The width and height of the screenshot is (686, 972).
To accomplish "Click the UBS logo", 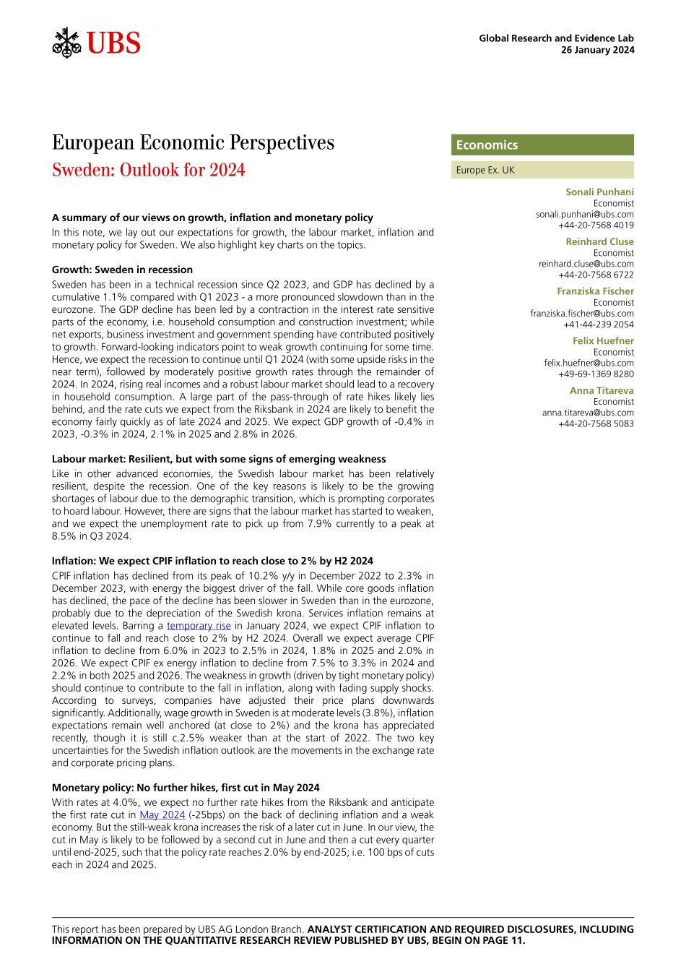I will tap(97, 43).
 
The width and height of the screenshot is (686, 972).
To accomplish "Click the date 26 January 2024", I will tap(597, 50).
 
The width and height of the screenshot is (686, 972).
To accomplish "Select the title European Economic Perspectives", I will tap(193, 142).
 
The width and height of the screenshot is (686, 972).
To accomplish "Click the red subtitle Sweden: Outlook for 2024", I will tap(149, 170).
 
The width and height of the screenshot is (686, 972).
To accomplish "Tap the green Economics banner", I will tap(542, 145).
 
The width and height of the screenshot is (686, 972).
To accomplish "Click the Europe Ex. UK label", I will tap(485, 171).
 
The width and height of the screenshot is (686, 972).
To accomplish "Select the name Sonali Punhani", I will tap(599, 192).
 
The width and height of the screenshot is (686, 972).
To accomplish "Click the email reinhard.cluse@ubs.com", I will tap(586, 264).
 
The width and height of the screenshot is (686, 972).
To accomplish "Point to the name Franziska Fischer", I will tap(595, 291).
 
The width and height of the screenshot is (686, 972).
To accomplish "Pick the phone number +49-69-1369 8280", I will tap(596, 374).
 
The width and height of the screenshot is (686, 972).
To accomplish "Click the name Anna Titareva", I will tap(602, 391).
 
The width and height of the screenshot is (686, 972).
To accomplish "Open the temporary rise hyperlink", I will tap(199, 626).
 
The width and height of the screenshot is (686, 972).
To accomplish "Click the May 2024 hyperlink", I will tap(162, 815).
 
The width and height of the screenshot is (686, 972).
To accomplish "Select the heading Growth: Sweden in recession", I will tap(122, 270).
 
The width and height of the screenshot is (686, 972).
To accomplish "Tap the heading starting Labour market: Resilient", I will tap(219, 459).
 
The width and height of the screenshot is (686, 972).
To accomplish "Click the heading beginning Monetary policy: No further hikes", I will tap(186, 788).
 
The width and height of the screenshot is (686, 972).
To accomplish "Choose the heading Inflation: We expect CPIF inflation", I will tap(212, 561).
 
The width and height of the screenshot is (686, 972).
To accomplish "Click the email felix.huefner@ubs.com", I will tap(589, 364).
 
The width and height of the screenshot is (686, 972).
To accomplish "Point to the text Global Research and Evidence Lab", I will tap(556, 38).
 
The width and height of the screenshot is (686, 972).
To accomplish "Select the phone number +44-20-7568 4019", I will tap(596, 225).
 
